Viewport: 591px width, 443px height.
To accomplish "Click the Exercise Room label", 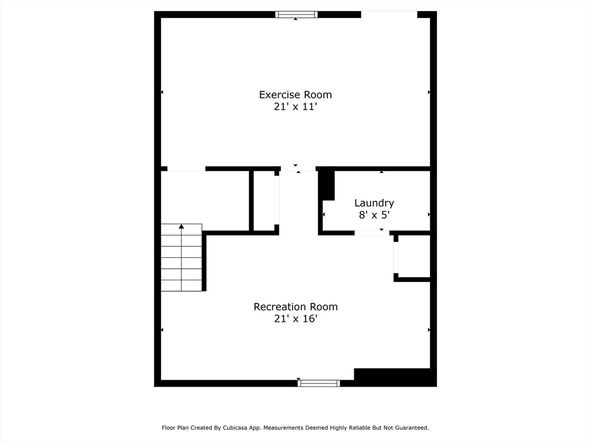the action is point(295,95).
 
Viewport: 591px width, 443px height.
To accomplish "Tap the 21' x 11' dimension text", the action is point(295,107).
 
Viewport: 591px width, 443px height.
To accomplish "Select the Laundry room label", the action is point(374,203).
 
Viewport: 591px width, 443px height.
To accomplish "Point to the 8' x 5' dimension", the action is point(374,215).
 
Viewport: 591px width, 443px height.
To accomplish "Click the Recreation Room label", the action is point(295,307).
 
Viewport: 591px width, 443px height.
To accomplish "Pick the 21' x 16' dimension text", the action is point(295,318).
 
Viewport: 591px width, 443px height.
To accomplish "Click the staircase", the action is point(181,258).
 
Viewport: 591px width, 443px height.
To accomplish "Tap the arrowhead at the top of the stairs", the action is point(181,226).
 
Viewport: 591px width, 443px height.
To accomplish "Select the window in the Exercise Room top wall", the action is point(296,14).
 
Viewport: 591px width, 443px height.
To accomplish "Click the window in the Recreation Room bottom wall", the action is point(319,383).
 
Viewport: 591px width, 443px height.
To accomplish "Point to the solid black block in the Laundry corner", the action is point(327,185).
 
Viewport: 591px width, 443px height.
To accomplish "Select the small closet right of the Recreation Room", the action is point(414,256).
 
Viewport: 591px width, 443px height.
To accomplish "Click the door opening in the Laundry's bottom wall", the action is point(372,233).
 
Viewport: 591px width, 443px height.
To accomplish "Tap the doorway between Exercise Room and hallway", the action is point(298,169).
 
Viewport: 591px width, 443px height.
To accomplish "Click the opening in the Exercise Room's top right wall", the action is point(389,14).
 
